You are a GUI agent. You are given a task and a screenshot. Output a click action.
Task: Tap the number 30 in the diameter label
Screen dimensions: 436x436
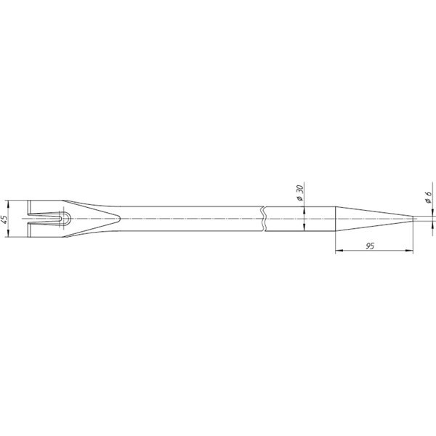[300, 190]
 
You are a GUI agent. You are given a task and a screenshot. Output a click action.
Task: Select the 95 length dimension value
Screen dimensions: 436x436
[369, 247]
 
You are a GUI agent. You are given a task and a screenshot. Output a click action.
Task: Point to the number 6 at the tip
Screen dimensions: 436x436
[429, 195]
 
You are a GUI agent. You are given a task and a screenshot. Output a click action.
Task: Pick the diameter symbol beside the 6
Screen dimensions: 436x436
[429, 203]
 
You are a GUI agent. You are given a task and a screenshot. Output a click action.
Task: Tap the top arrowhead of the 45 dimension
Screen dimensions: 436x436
[9, 203]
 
